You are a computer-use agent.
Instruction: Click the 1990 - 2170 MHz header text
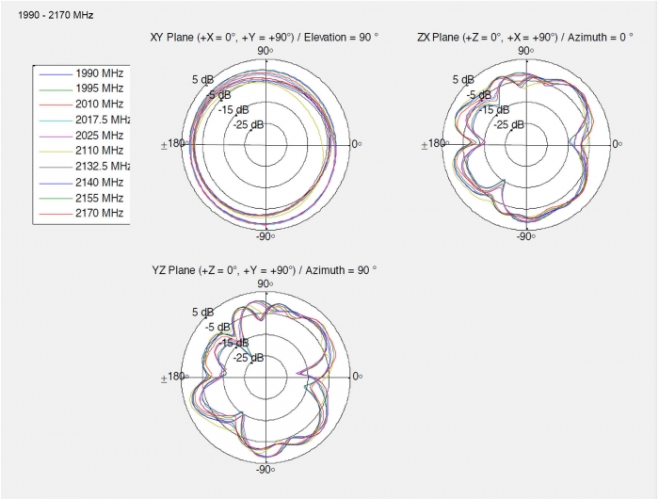(56, 16)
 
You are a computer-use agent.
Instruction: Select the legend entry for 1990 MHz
(82, 73)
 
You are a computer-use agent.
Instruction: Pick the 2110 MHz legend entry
(82, 151)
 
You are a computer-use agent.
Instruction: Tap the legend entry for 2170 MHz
(82, 213)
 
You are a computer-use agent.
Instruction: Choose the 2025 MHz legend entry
(82, 136)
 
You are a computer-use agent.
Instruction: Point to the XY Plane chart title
(265, 38)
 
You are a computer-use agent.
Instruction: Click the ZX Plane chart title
(525, 38)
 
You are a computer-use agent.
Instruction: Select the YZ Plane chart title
(265, 270)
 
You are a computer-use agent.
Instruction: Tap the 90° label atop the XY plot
(265, 51)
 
